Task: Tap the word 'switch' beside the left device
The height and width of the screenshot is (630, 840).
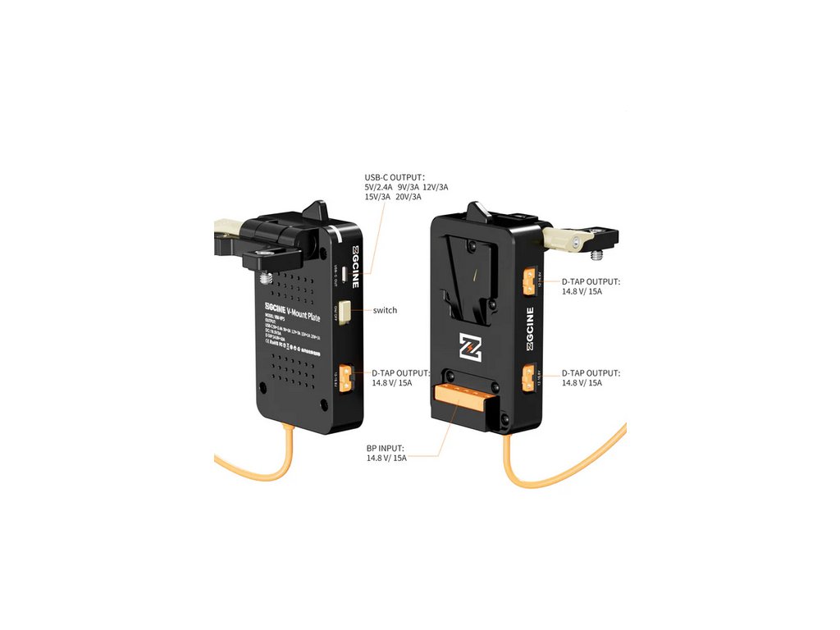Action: (x=385, y=310)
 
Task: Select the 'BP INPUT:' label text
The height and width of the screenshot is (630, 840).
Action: (x=386, y=448)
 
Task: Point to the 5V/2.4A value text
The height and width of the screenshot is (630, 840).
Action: (x=380, y=187)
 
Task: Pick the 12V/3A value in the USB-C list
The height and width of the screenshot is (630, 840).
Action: (x=435, y=187)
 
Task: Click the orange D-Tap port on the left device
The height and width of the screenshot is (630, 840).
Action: (x=347, y=377)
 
